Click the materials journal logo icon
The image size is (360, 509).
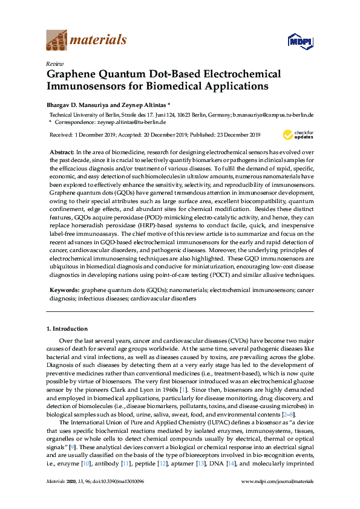coord(57,41)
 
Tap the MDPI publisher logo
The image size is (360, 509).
coord(299,41)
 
